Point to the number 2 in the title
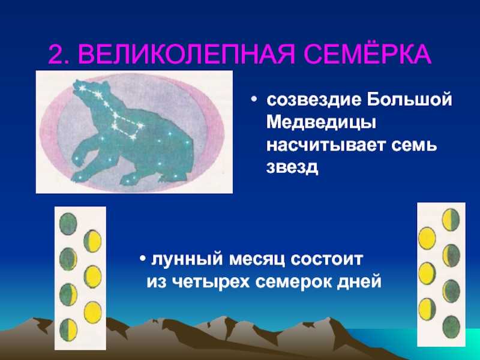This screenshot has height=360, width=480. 58,55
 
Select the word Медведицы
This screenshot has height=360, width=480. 321,123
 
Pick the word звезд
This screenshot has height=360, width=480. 292,167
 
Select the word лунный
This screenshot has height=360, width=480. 187,260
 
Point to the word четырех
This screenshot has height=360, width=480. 211,281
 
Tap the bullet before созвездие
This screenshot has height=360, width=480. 253,100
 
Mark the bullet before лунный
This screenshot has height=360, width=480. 143,259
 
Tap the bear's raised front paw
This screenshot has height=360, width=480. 79,155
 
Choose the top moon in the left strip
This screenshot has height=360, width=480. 68,224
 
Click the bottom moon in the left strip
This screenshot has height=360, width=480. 68,329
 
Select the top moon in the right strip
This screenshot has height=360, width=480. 451,220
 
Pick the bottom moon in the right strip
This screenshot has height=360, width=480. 451,327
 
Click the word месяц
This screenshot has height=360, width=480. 257,260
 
